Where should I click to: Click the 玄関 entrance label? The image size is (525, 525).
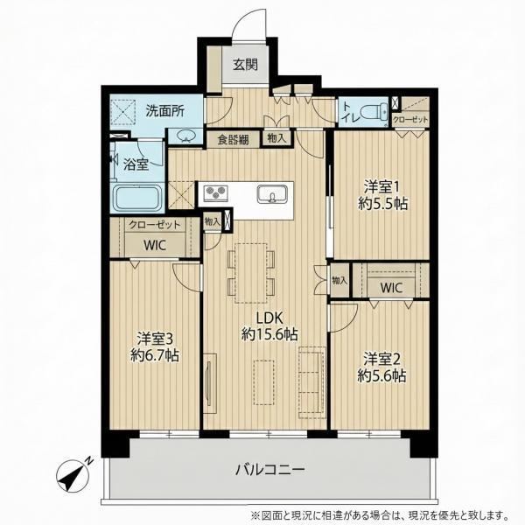click(245, 64)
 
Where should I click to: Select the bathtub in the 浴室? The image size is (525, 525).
click(138, 199)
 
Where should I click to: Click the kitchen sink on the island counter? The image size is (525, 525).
click(272, 194)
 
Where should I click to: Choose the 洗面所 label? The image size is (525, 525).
click(164, 111)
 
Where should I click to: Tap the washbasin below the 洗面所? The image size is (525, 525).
click(185, 136)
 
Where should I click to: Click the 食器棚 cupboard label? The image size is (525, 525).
click(233, 140)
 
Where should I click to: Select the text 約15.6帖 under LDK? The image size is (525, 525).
click(269, 334)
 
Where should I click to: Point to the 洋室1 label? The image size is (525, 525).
click(381, 187)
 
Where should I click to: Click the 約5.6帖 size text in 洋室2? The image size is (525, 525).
click(381, 375)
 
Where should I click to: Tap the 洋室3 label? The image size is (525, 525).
click(155, 339)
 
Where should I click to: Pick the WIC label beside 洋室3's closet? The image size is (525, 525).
click(155, 245)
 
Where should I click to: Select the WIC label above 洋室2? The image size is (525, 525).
click(391, 288)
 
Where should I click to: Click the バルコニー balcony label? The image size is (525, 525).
click(270, 469)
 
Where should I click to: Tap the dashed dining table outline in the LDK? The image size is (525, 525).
click(251, 273)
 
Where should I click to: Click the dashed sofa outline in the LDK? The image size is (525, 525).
click(312, 382)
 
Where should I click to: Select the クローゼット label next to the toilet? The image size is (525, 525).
click(410, 120)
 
